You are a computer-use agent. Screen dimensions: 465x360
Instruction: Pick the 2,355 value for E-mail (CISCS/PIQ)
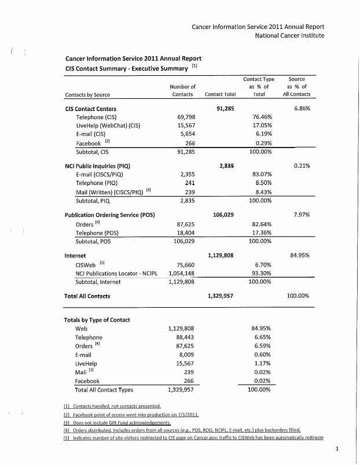tap(187, 174)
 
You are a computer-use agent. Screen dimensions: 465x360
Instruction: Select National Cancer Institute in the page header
tap(289, 36)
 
